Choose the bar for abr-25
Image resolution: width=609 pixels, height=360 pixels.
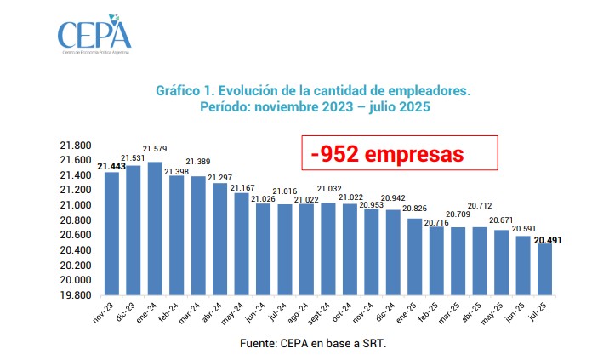(x=480, y=260)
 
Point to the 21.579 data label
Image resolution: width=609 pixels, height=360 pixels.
(x=155, y=150)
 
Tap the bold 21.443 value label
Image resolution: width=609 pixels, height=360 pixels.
(x=111, y=166)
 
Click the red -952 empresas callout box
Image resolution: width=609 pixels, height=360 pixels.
(x=400, y=155)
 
